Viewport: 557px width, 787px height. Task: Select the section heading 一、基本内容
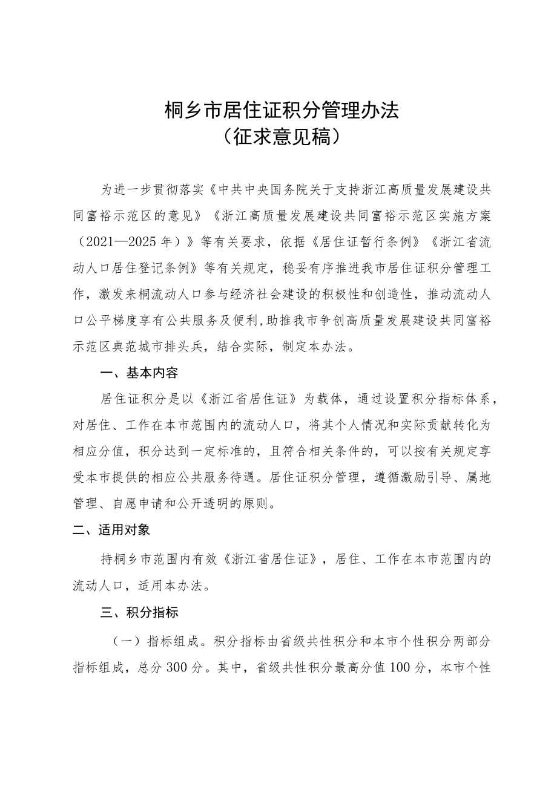tap(139, 373)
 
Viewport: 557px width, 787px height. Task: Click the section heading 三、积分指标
tap(139, 613)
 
